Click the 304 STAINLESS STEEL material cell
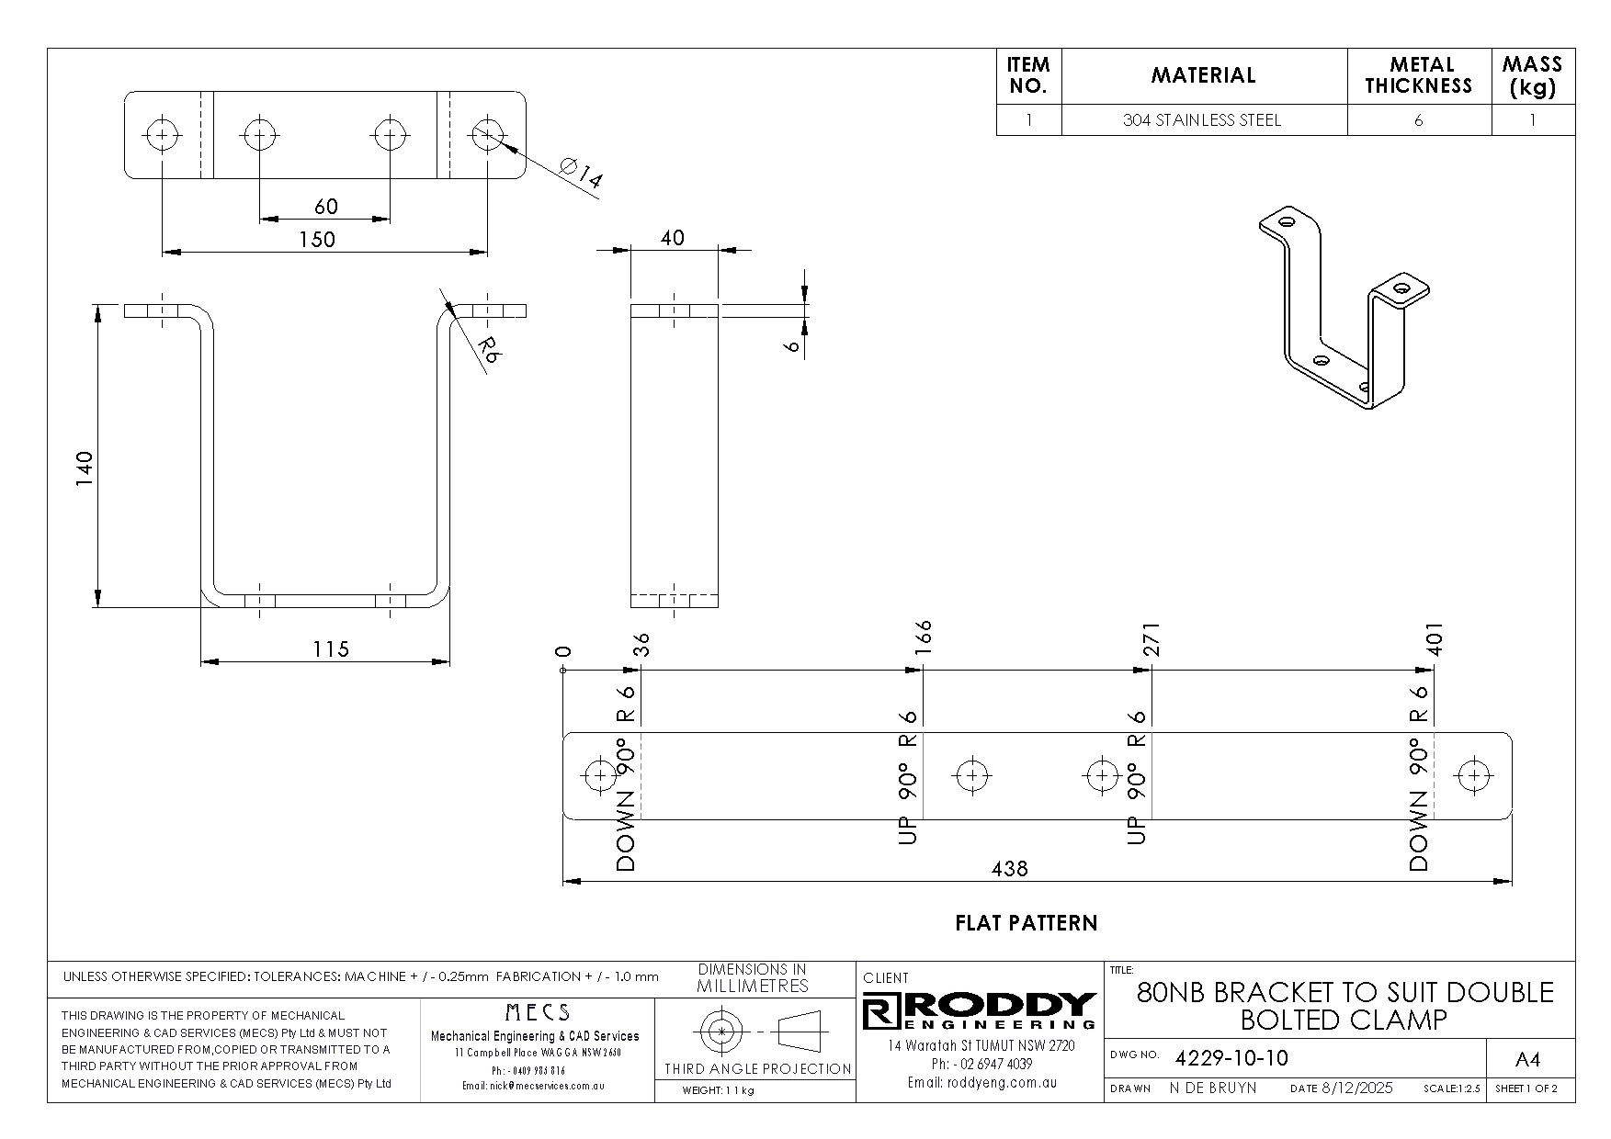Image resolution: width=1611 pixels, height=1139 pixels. pyautogui.click(x=1202, y=120)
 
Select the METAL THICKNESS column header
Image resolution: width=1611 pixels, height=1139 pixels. pyautogui.click(x=1418, y=75)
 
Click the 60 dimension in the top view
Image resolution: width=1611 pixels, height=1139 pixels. pyautogui.click(x=325, y=206)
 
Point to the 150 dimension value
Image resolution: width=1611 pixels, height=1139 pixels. pyautogui.click(x=317, y=239)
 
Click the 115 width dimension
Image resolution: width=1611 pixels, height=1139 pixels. pyautogui.click(x=330, y=649)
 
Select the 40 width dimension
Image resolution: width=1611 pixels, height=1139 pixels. pyautogui.click(x=672, y=238)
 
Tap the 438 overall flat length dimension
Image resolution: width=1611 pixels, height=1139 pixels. pyautogui.click(x=1009, y=868)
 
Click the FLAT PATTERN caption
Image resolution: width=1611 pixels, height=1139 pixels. pyautogui.click(x=1026, y=923)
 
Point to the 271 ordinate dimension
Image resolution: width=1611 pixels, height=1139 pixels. pyautogui.click(x=1152, y=639)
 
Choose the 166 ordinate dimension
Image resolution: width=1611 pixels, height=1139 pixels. pyautogui.click(x=923, y=637)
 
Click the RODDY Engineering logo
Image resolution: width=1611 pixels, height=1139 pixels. pyautogui.click(x=980, y=1010)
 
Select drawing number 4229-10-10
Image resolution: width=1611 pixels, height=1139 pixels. pyautogui.click(x=1231, y=1058)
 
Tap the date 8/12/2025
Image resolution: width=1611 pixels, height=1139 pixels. pyautogui.click(x=1356, y=1088)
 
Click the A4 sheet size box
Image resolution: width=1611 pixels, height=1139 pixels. pyautogui.click(x=1526, y=1060)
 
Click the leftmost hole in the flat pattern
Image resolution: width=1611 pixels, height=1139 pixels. pyautogui.click(x=600, y=776)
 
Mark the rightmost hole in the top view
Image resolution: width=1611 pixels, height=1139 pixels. pyautogui.click(x=487, y=135)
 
